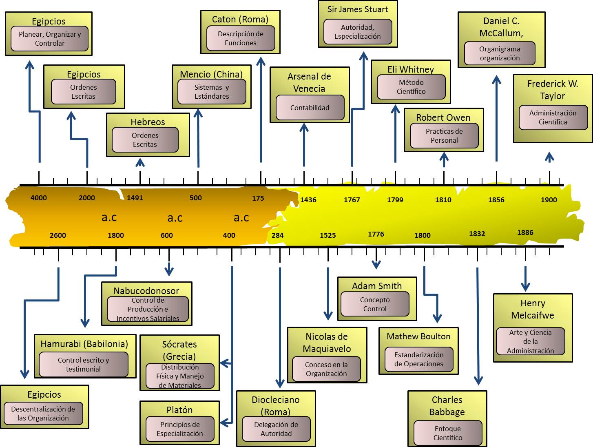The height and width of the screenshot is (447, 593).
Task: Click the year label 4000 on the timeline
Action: tap(39, 198)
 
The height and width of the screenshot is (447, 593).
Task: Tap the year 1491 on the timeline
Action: tap(135, 198)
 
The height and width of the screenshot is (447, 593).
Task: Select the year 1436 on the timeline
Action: tap(308, 200)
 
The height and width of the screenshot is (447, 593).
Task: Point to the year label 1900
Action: tap(549, 200)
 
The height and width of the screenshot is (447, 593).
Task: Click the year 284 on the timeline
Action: tap(278, 235)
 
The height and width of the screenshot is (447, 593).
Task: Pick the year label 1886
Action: tap(525, 232)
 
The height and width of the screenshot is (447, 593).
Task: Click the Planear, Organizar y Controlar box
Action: tap(49, 39)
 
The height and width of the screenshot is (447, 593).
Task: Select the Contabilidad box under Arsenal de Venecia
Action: tap(310, 108)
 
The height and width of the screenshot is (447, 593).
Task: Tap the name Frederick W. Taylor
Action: tap(553, 90)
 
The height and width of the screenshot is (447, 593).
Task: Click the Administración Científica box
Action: tap(553, 117)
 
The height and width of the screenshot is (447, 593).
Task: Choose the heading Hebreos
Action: tap(148, 122)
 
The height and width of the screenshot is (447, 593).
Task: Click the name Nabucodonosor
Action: tap(146, 291)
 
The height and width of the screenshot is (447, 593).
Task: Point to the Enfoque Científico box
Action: tap(448, 433)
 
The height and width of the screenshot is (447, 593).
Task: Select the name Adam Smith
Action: tap(377, 286)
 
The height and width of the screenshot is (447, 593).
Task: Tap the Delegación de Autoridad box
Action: tap(276, 429)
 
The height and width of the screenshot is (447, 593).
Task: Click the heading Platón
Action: tap(179, 410)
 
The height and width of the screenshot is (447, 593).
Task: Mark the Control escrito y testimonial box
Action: tap(84, 365)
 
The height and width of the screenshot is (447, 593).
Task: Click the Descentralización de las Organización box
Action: tap(43, 414)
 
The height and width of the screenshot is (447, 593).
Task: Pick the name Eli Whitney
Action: tap(411, 69)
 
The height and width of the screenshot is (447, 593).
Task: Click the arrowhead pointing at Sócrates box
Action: tap(223, 363)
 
